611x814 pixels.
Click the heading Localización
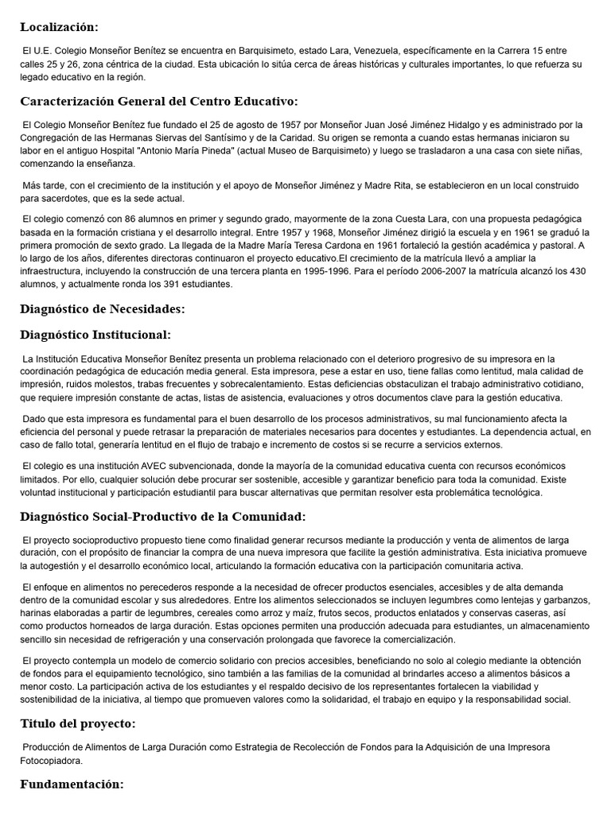[60, 27]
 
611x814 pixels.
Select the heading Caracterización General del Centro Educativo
[159, 102]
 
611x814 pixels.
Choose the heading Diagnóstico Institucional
[95, 335]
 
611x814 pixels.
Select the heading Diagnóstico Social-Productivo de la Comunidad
[163, 517]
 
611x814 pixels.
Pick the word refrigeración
[179, 639]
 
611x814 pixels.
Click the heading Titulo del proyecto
[78, 723]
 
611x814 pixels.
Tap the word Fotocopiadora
[52, 760]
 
